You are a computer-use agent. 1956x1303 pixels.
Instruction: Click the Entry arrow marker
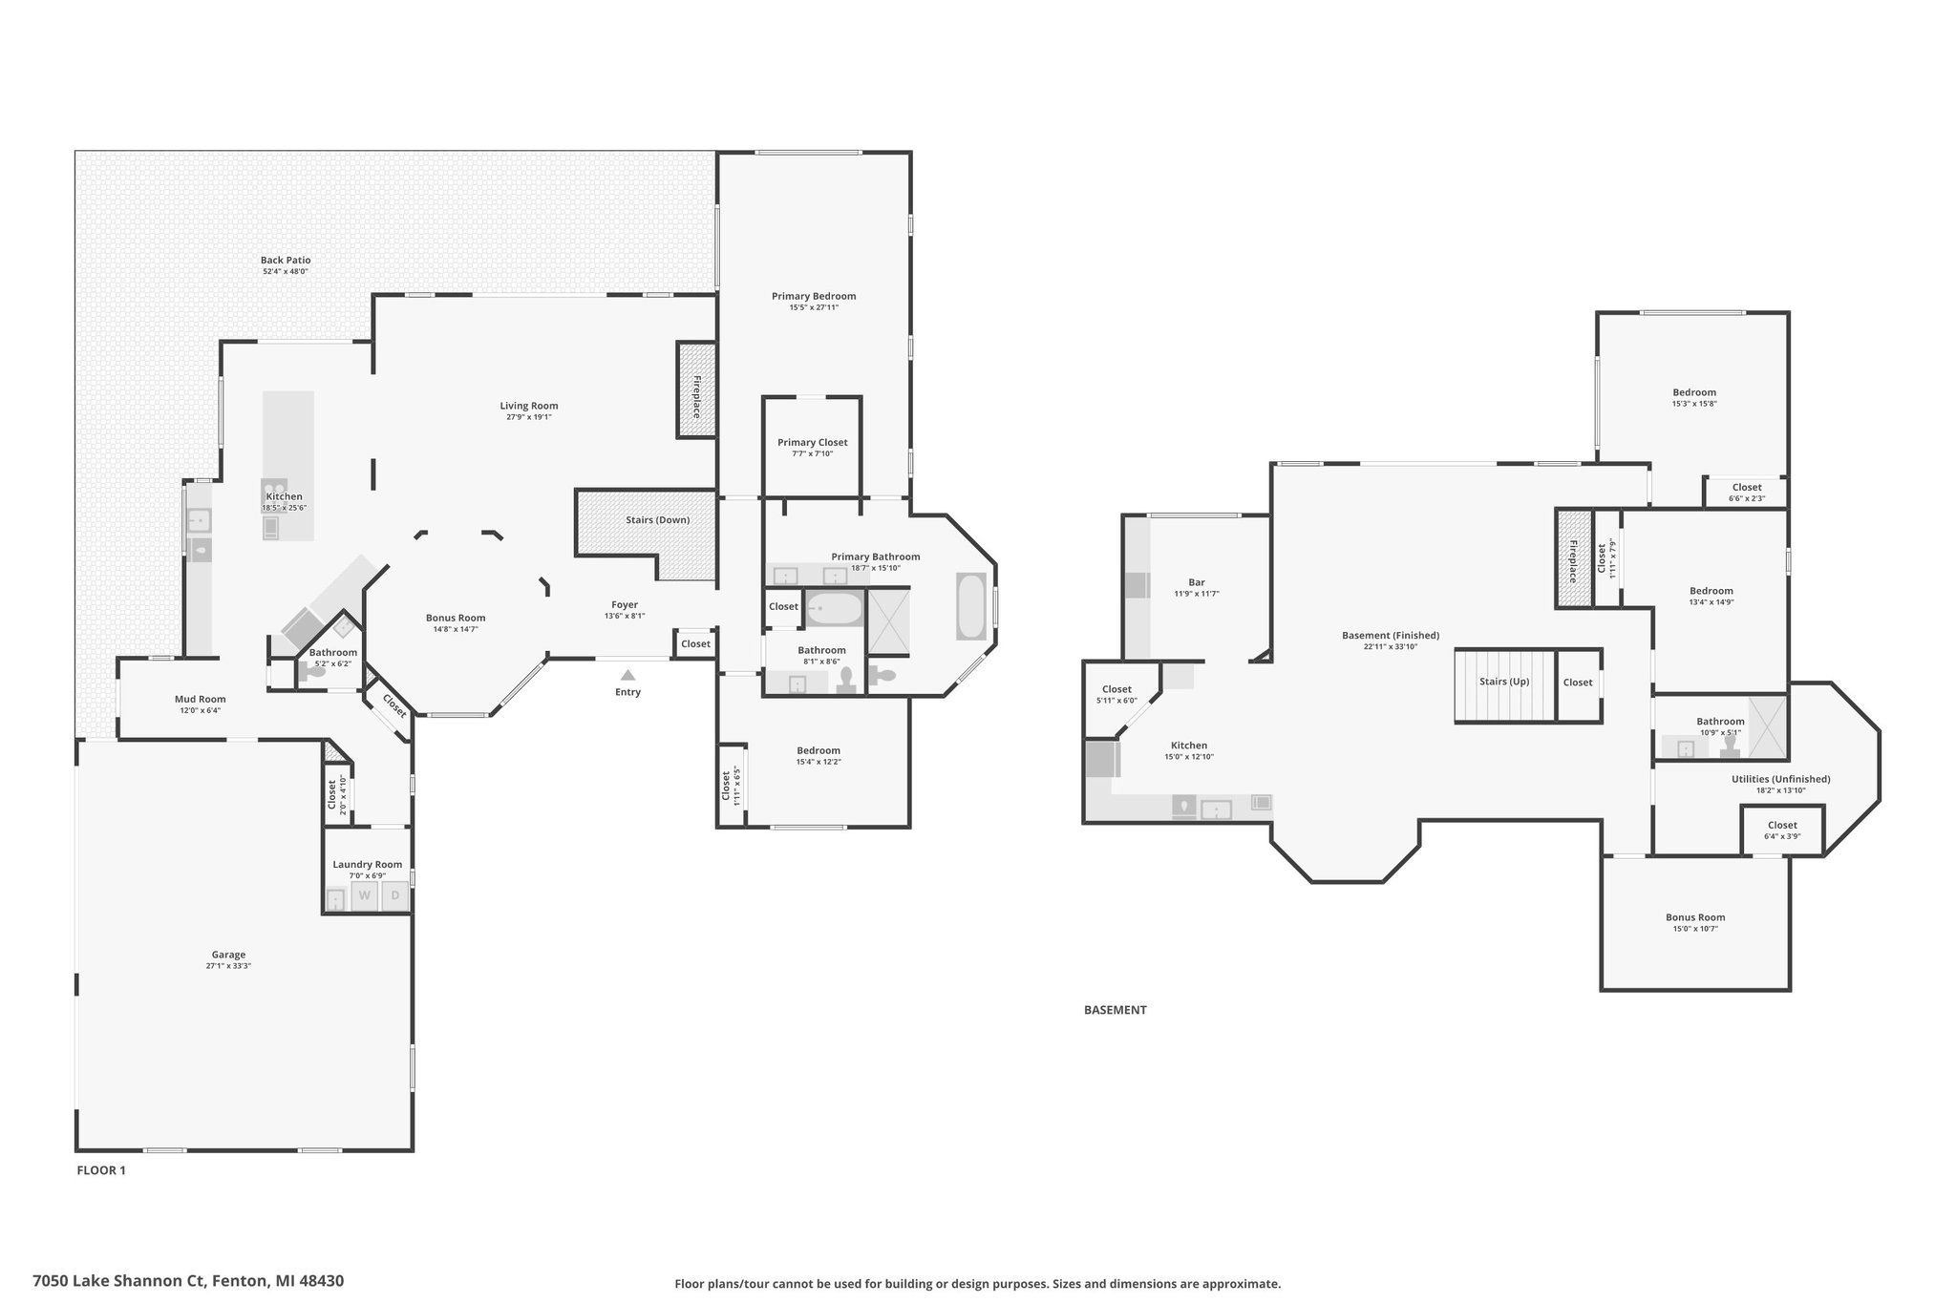click(x=627, y=675)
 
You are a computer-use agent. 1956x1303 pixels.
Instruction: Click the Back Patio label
click(x=286, y=260)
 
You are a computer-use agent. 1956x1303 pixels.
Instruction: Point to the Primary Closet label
click(x=812, y=442)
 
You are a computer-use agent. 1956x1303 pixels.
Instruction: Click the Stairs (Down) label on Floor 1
click(x=657, y=520)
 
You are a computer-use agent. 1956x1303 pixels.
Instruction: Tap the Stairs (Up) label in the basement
click(x=1504, y=682)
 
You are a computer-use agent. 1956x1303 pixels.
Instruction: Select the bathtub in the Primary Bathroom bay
click(x=971, y=606)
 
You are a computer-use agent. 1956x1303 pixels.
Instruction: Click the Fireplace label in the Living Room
click(x=696, y=397)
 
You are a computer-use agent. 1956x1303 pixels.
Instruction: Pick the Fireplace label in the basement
click(x=1572, y=561)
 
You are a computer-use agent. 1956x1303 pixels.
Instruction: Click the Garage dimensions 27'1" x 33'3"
click(x=228, y=966)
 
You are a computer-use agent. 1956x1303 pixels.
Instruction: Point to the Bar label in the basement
click(x=1197, y=582)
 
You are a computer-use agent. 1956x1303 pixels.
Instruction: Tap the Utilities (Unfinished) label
click(x=1781, y=779)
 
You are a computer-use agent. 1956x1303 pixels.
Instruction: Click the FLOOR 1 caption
click(x=101, y=1170)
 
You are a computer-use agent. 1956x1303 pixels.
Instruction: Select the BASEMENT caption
click(x=1115, y=1010)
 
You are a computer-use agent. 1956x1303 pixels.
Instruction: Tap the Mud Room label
click(x=201, y=699)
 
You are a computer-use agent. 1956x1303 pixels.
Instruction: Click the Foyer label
click(x=625, y=604)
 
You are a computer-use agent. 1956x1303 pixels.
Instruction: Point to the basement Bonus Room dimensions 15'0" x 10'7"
click(x=1695, y=929)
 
